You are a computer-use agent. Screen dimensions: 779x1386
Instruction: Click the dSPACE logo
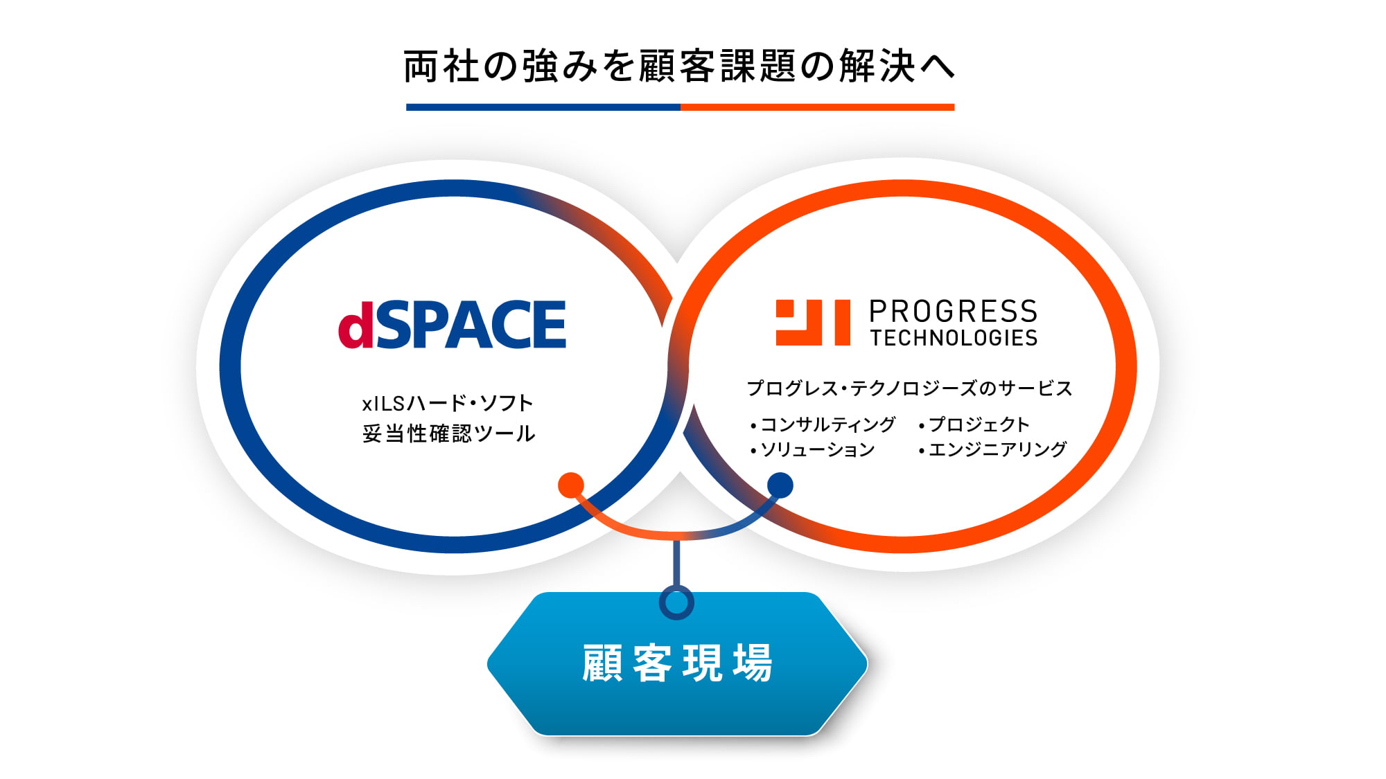click(452, 324)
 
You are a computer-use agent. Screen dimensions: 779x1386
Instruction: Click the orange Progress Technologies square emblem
click(813, 322)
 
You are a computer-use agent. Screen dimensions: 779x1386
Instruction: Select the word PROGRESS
click(953, 311)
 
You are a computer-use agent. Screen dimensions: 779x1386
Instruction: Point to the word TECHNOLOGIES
click(954, 338)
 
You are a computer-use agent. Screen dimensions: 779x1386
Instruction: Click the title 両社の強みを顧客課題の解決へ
click(679, 66)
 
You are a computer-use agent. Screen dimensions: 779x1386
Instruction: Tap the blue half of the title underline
click(543, 107)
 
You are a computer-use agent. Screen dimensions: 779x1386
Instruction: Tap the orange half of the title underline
click(817, 107)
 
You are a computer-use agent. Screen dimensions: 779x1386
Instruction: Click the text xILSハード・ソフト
click(448, 403)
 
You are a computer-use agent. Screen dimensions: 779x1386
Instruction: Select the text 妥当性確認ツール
click(448, 433)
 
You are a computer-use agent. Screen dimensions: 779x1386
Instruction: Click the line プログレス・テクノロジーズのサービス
click(909, 388)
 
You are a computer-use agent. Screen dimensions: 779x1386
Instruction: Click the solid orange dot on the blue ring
click(571, 485)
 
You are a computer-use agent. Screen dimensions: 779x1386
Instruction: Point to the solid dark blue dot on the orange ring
click(780, 485)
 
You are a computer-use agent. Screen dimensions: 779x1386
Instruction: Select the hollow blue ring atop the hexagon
click(676, 602)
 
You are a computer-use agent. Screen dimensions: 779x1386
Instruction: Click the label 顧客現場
click(677, 663)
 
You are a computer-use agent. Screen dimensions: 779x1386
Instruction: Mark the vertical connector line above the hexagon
click(676, 562)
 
